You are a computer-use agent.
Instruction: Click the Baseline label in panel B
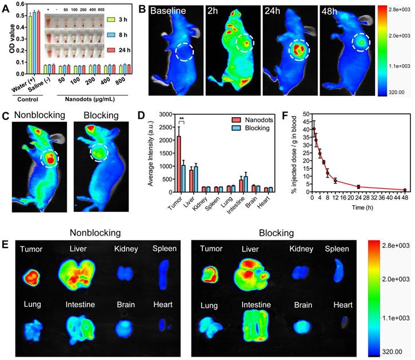pyautogui.click(x=177, y=11)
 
